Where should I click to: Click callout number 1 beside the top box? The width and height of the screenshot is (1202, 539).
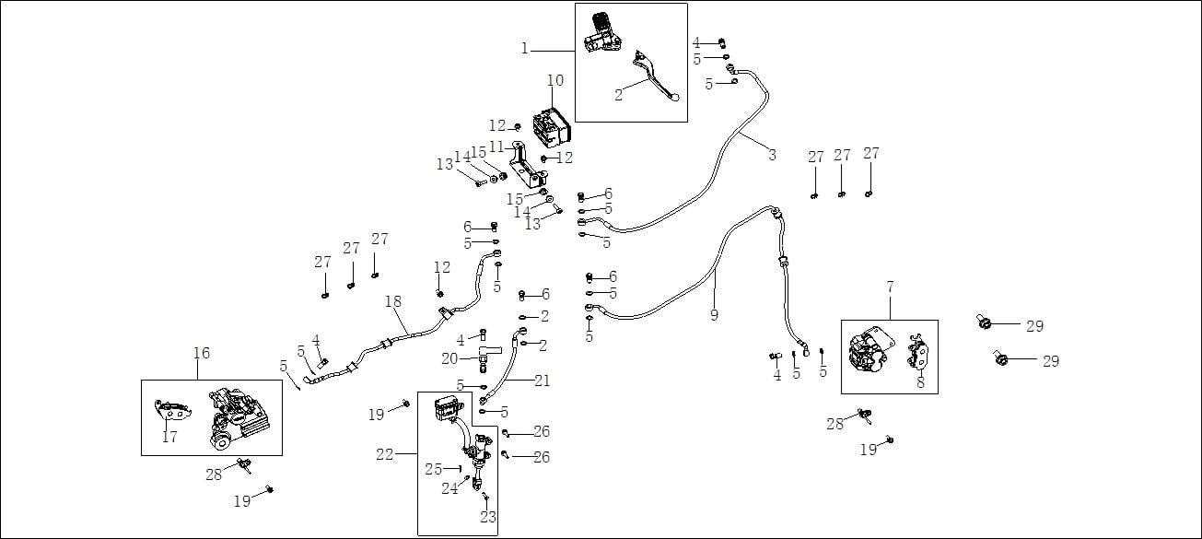pos(525,49)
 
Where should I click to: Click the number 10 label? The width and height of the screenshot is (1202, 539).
pos(554,80)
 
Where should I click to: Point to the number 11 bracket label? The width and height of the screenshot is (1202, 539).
pos(497,146)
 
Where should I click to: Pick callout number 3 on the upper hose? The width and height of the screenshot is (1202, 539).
pos(772,155)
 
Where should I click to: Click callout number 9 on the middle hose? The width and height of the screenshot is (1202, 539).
pos(714,315)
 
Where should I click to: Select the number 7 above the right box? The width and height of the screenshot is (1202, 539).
pos(891,287)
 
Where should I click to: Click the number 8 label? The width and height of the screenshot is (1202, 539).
pos(920,383)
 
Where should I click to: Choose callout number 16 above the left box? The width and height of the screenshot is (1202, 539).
pos(202,353)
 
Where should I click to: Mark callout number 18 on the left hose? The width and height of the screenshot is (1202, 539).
pos(393,301)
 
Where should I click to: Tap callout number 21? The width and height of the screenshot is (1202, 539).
pos(543,381)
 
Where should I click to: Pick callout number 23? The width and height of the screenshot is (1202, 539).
pos(488,517)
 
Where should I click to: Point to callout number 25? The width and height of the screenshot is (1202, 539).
pos(434,469)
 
